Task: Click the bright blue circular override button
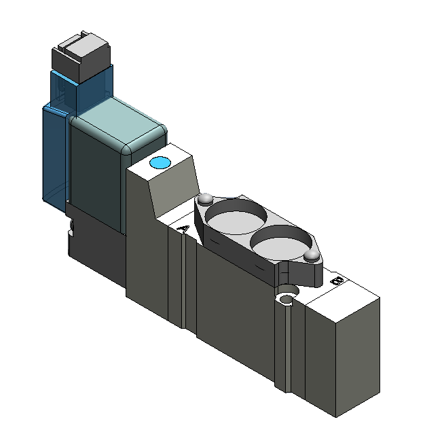click(160, 162)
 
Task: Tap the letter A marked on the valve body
click(183, 229)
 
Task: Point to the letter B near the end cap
click(337, 281)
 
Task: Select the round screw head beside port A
click(206, 199)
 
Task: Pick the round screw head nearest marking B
click(311, 255)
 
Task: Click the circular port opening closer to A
click(236, 216)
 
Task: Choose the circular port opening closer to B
click(281, 242)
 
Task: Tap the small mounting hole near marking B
click(287, 300)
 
